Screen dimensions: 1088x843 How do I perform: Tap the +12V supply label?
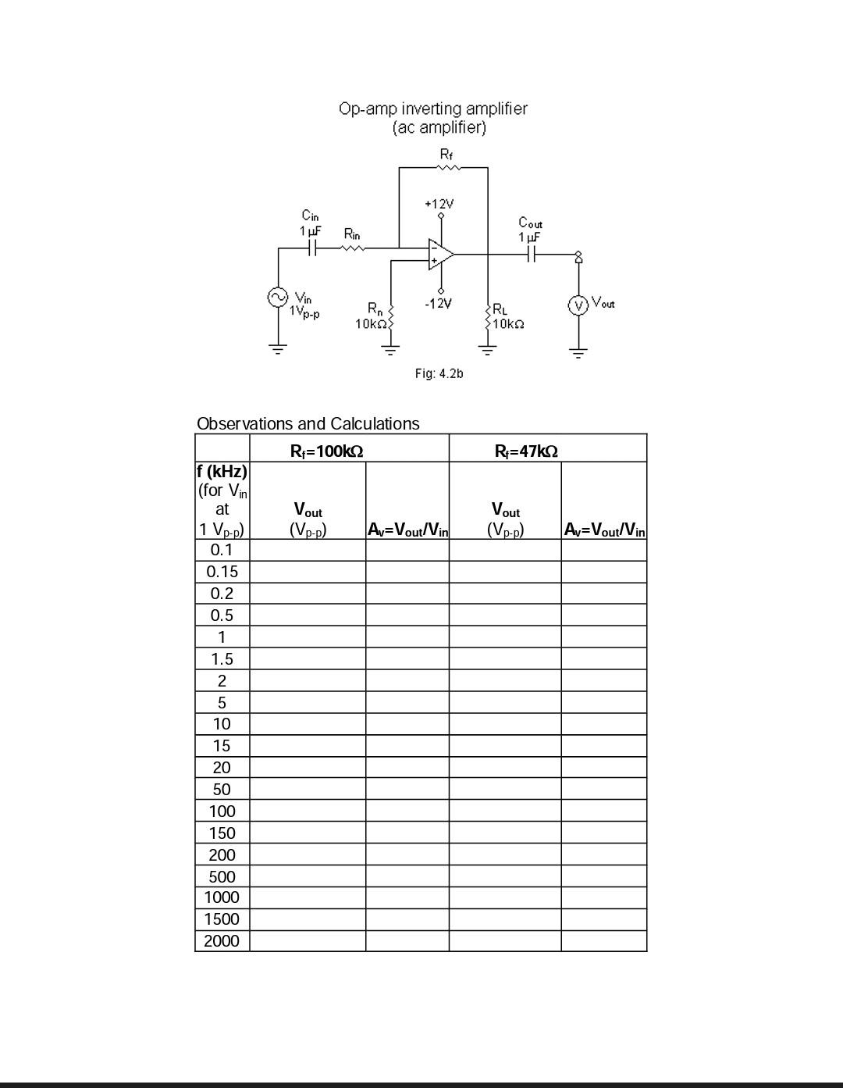pos(439,204)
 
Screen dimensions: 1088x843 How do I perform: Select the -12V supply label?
pos(438,303)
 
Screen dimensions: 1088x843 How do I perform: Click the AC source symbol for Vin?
pos(277,297)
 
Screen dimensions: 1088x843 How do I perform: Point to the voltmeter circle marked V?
pos(578,305)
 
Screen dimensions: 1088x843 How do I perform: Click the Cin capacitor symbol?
pos(311,248)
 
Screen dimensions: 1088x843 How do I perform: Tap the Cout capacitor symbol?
pos(531,254)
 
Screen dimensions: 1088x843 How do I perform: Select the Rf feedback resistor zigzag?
pos(445,167)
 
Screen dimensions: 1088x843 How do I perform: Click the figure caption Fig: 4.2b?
pos(439,373)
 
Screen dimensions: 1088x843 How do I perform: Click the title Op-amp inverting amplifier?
pos(432,109)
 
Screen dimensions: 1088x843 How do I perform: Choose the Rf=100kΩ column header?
pos(326,451)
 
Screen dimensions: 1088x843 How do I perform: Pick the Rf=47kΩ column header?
pos(526,451)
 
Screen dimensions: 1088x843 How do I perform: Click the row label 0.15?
pos(222,572)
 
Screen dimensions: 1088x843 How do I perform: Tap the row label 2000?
pos(222,941)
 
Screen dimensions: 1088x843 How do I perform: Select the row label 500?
pos(222,876)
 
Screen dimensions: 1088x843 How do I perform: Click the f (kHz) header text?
pos(222,472)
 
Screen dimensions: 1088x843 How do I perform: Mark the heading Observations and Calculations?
pos(308,423)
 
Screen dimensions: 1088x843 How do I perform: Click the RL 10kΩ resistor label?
pos(507,317)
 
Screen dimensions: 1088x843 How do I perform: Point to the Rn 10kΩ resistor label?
pos(371,316)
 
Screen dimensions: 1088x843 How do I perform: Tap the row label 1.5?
pos(222,658)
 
